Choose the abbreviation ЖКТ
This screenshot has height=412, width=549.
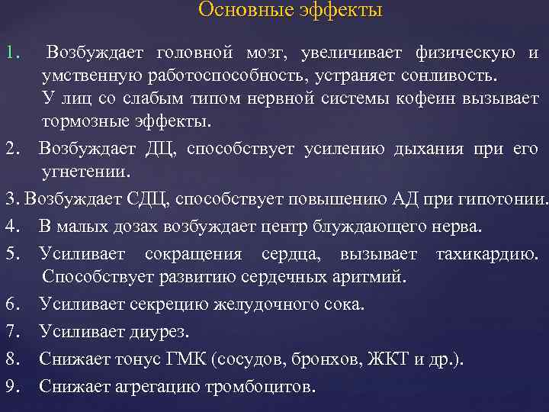pyautogui.click(x=389, y=359)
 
